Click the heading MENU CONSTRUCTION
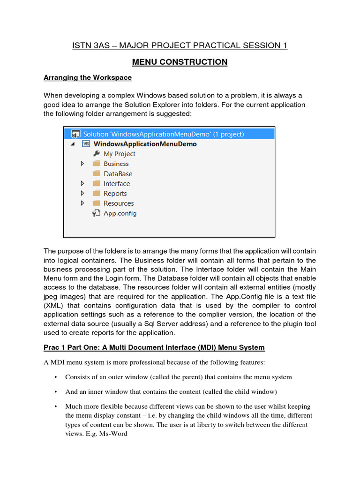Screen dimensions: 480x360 coord(180,62)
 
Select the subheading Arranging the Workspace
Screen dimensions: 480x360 coord(88,77)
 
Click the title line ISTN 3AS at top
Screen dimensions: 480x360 coord(180,45)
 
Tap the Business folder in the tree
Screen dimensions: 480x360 coord(116,164)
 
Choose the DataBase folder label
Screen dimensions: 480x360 coord(118,173)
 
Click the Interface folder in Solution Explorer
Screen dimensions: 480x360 coord(117,184)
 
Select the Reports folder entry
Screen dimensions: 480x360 coord(115,194)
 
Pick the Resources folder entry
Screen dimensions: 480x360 coord(119,203)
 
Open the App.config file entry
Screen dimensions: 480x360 coord(120,213)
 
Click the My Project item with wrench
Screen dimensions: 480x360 coord(119,154)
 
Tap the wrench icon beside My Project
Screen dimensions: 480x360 coord(97,154)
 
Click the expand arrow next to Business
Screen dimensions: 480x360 coord(82,164)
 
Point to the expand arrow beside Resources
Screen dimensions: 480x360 coord(82,203)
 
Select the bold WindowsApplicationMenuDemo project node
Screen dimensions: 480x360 coord(145,144)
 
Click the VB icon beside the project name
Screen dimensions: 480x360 coord(86,144)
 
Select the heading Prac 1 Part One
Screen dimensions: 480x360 coord(154,347)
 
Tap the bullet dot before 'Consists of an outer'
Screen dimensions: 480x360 coord(56,377)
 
